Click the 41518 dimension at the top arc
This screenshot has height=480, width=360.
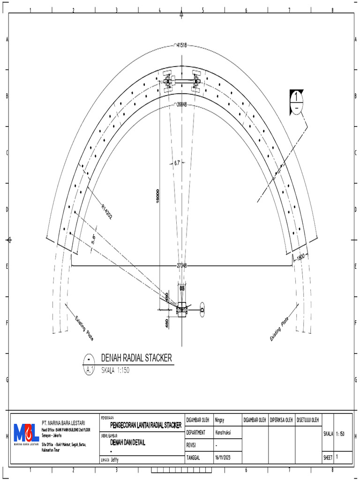click(181, 45)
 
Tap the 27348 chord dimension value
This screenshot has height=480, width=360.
click(181, 266)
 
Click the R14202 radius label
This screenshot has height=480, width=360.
click(107, 211)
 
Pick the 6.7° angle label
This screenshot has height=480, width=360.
click(177, 163)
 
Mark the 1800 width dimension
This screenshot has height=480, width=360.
click(300, 256)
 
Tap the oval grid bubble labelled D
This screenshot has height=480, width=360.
click(202, 309)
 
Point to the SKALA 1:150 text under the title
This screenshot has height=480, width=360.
click(115, 370)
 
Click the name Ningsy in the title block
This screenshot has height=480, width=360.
click(221, 420)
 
